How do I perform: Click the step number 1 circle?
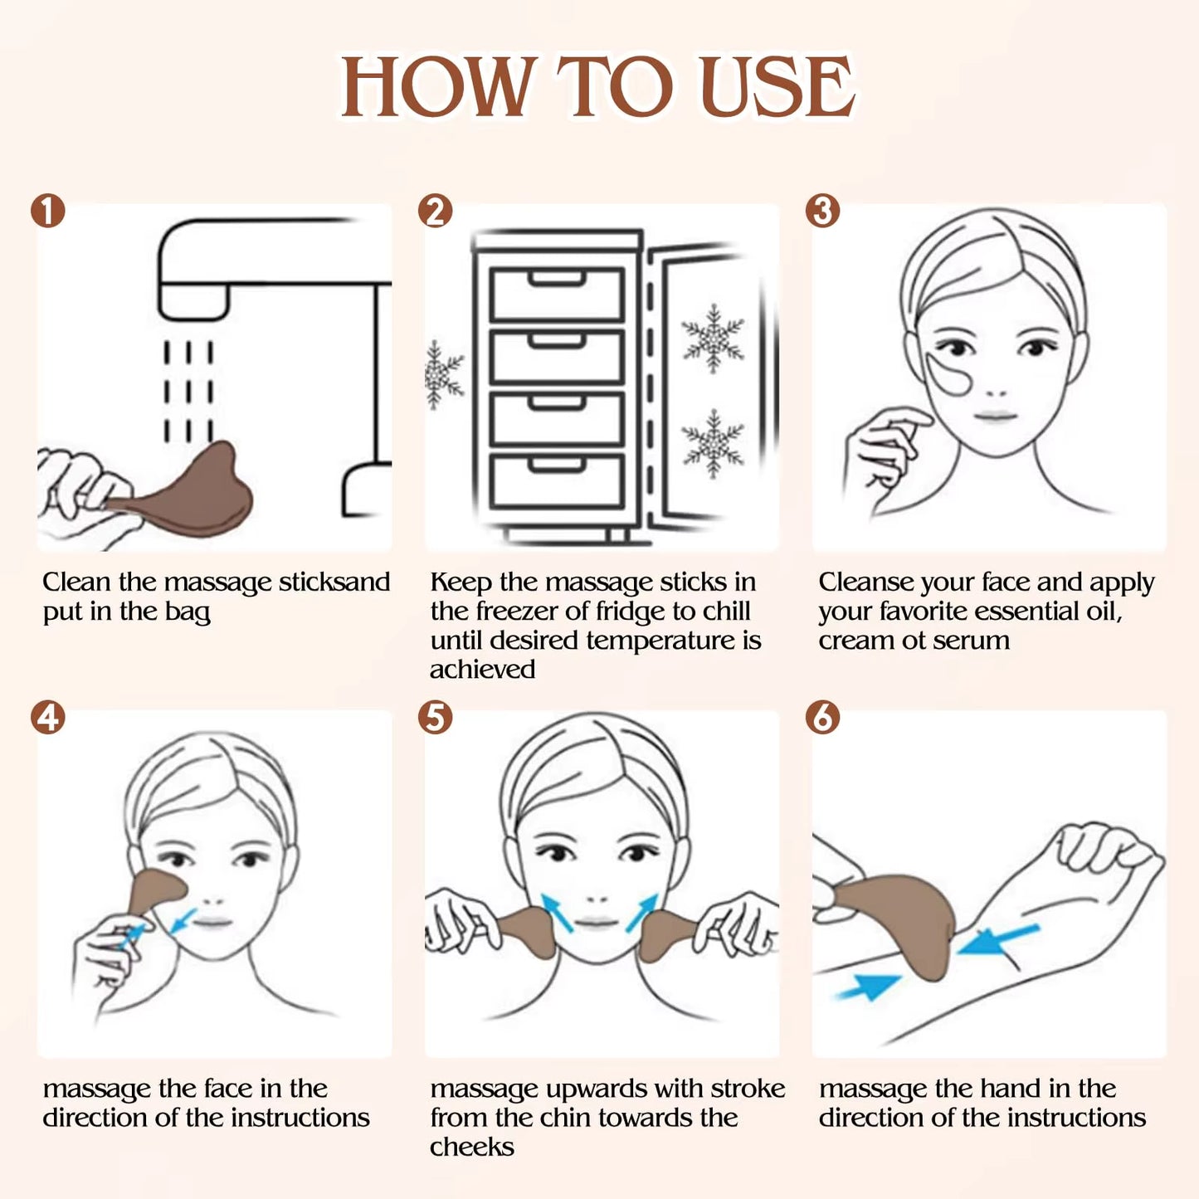(48, 211)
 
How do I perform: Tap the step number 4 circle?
(48, 717)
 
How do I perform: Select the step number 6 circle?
(822, 717)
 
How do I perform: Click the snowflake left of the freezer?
(441, 375)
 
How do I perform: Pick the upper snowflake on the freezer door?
(713, 338)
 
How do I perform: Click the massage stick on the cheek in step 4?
(158, 891)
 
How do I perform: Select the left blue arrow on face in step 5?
(557, 912)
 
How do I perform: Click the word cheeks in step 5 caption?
(472, 1147)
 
